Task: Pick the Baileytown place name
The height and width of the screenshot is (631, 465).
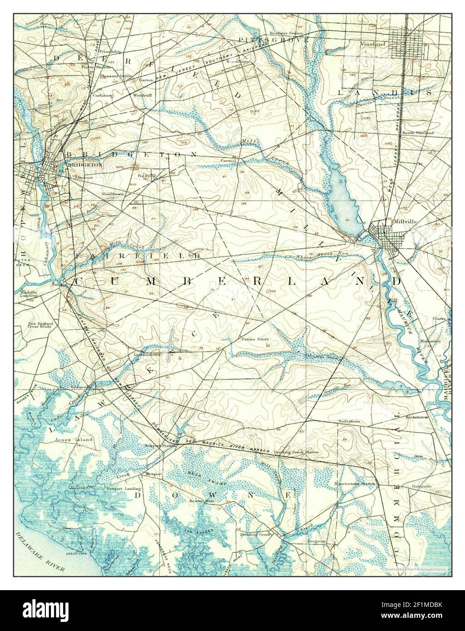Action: pyautogui.click(x=348, y=421)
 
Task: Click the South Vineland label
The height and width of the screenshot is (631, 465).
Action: pyautogui.click(x=417, y=133)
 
